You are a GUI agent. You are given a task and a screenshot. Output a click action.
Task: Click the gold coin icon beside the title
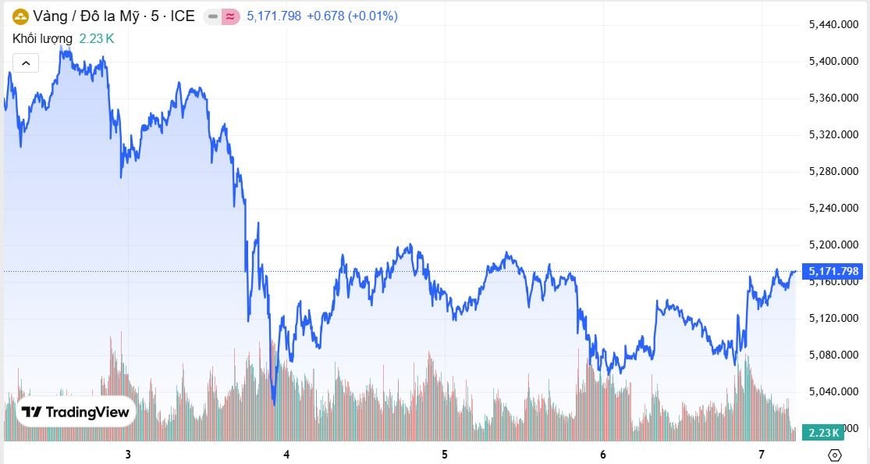20,16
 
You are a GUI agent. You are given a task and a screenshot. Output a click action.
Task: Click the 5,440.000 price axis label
833,25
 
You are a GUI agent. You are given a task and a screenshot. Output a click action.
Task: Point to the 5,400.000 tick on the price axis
833,61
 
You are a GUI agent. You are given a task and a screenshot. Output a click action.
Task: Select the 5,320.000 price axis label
833,134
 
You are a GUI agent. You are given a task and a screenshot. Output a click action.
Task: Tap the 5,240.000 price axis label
833,208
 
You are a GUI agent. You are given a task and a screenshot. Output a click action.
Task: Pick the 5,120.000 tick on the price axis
833,318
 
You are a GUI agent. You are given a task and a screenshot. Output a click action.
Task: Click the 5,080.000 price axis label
833,355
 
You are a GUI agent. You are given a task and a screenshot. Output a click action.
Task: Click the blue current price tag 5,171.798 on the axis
833,271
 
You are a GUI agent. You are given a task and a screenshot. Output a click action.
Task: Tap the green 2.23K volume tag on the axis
823,433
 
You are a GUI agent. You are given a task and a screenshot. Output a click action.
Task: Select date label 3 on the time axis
127,455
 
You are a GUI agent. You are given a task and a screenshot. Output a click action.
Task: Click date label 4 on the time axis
287,455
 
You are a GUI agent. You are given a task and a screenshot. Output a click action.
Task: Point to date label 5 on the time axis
445,455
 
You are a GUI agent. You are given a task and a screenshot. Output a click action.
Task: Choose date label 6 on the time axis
603,455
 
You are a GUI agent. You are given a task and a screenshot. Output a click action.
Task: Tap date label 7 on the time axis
761,455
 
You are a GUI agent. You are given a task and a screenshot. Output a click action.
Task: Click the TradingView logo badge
76,412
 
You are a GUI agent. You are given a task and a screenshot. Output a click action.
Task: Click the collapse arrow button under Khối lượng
26,62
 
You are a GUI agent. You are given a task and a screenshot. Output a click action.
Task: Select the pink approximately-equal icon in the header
230,16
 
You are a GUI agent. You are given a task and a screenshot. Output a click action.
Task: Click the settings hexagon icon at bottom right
834,455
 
